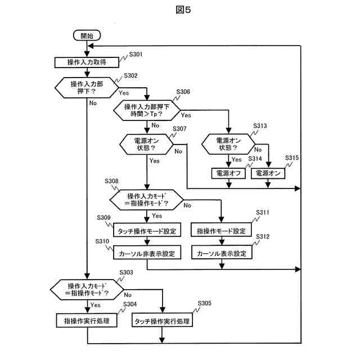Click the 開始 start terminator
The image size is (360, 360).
(87, 35)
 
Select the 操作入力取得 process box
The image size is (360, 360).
(87, 62)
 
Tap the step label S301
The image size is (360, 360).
(136, 55)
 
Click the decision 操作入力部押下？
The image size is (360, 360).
(87, 88)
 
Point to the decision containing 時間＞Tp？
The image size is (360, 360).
(147, 110)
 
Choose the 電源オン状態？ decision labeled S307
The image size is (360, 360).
(146, 145)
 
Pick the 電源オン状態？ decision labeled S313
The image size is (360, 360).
(228, 144)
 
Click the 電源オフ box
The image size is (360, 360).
(228, 173)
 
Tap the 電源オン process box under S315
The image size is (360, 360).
(268, 173)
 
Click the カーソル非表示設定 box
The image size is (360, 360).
(147, 253)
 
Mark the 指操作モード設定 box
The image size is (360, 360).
(221, 230)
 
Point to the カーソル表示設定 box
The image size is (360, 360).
(222, 253)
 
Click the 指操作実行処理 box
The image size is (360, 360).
(87, 320)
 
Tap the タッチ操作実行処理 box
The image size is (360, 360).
(162, 320)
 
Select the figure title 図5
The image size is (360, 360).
(183, 10)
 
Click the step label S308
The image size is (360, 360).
(111, 181)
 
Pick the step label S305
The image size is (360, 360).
(205, 303)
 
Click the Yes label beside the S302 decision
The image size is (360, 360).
(124, 93)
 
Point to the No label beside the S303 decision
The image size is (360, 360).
(128, 295)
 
